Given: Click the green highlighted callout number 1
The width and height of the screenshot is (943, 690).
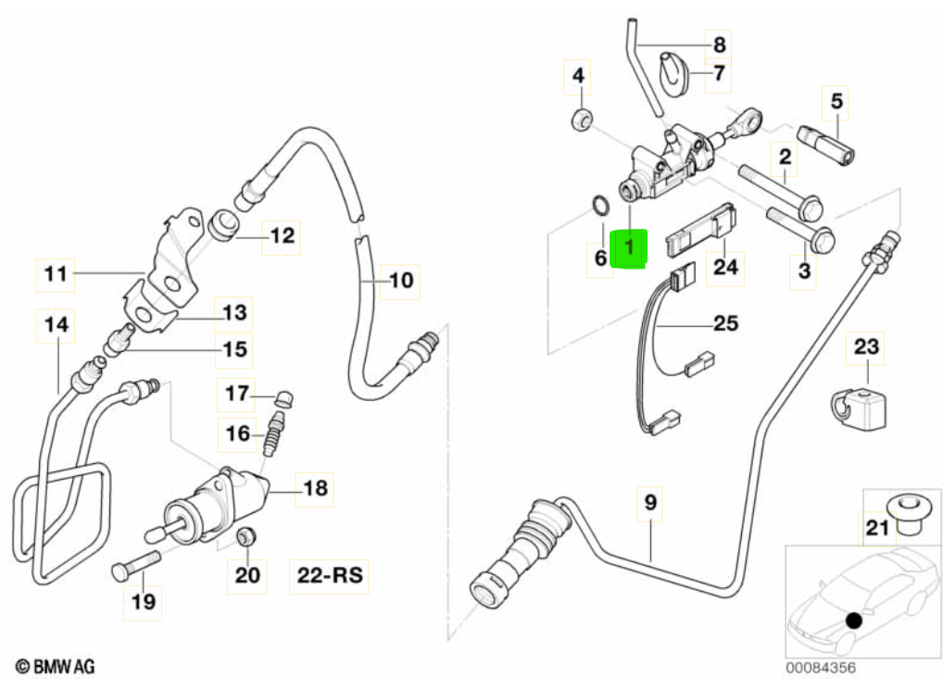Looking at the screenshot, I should click(630, 248).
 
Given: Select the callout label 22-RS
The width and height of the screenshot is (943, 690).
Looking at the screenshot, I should click(330, 576).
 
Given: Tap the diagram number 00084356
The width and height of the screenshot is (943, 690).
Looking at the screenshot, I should click(821, 667).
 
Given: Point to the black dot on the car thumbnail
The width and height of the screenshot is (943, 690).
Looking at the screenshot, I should click(853, 621).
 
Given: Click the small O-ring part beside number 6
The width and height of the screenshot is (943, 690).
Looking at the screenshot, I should click(600, 206).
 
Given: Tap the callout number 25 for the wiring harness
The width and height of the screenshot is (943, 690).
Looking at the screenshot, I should click(726, 324).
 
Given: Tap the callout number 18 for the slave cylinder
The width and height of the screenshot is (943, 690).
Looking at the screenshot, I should click(316, 487).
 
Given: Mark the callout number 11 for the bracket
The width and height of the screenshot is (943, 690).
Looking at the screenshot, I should click(56, 273).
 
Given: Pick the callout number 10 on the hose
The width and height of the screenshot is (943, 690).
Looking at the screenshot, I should click(399, 279).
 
